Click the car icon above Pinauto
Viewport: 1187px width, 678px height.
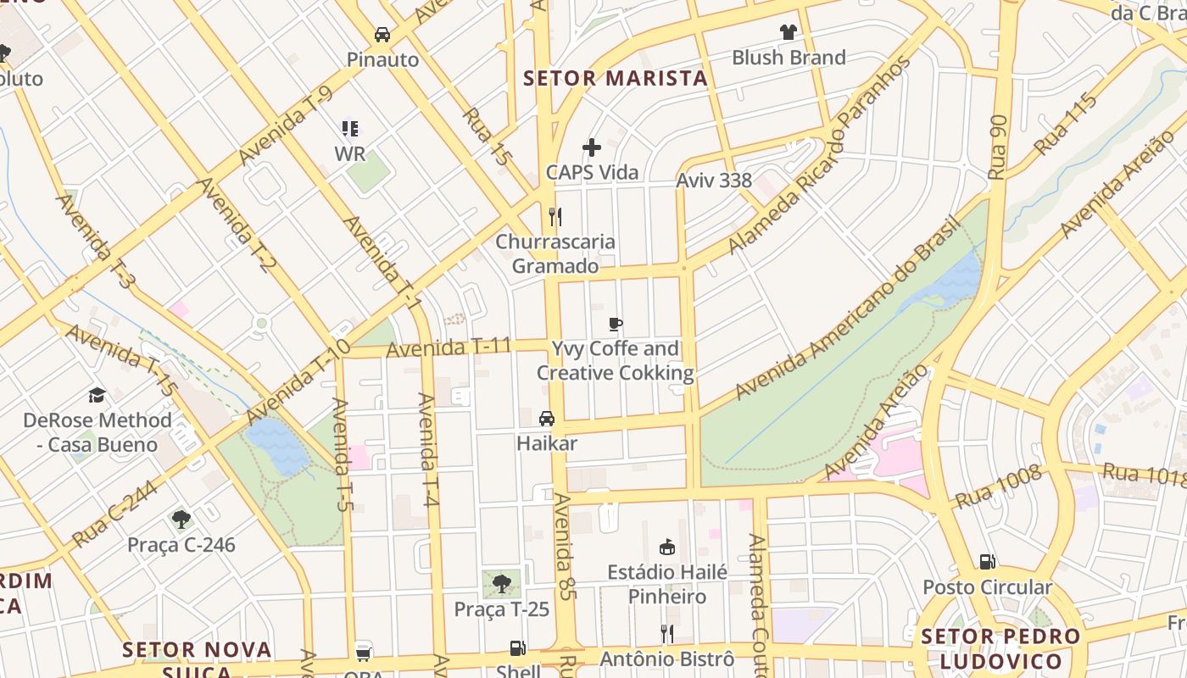[x=382, y=35]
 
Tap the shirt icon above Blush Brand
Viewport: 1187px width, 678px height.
[x=789, y=32]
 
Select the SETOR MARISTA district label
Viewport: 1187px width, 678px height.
[x=615, y=79]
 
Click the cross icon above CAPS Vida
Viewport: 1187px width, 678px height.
[x=592, y=147]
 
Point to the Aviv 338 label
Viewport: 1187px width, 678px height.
[x=713, y=181]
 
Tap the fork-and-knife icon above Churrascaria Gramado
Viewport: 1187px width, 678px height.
[x=555, y=217]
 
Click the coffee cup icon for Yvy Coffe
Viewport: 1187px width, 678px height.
[x=616, y=324]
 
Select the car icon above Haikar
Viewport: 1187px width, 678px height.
[x=547, y=419]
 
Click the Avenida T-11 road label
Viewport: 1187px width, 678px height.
[x=449, y=347]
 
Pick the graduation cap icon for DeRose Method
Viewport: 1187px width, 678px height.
[x=97, y=396]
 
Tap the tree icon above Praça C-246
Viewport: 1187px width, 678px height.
[x=181, y=520]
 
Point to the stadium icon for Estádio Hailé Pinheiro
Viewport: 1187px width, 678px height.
[x=667, y=547]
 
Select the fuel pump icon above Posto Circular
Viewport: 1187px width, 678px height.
[x=987, y=562]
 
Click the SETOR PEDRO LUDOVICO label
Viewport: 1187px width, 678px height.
[x=1000, y=649]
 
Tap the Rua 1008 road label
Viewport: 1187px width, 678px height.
[x=998, y=488]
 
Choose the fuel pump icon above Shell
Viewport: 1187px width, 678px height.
[x=517, y=648]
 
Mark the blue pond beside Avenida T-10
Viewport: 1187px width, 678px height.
[x=277, y=445]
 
